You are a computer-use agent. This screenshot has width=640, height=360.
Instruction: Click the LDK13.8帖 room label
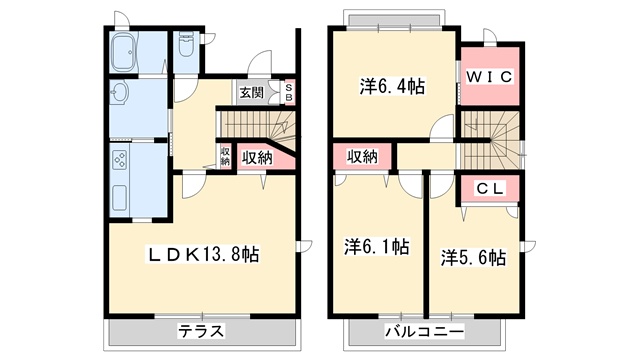point(203,255)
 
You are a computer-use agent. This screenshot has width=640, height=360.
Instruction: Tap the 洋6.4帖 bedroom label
point(392,87)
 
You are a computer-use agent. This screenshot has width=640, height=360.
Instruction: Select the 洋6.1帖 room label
point(376,247)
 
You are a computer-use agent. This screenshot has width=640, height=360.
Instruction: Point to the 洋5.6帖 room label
point(473,258)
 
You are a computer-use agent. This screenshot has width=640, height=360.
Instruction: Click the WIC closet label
point(489,77)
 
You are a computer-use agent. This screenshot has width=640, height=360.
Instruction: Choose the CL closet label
point(490,189)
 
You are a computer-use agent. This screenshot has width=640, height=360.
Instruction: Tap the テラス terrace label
point(201,331)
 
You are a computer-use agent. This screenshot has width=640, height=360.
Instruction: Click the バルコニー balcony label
point(424,331)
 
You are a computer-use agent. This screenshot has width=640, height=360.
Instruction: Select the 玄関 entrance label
point(251,93)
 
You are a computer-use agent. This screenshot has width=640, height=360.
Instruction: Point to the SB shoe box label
point(289,93)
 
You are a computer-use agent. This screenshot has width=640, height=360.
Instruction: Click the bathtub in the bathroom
point(125,52)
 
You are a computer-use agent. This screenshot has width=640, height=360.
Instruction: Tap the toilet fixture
point(186,46)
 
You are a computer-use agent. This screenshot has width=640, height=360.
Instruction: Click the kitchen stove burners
point(120,160)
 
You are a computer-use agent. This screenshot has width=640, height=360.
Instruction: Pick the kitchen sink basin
point(119,198)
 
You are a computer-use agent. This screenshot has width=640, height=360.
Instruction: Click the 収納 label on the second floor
point(362,156)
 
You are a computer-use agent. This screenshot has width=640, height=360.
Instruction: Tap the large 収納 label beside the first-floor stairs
point(257,158)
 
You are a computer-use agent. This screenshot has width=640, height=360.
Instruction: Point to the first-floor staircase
point(258,126)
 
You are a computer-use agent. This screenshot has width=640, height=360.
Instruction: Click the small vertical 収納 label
point(225,156)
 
